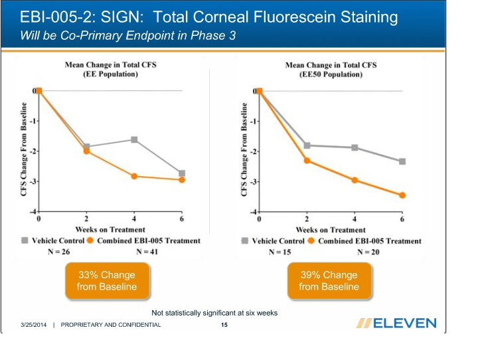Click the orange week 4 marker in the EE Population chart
[x=134, y=176]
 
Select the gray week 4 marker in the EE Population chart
[x=134, y=139]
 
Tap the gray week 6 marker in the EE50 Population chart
[x=402, y=161]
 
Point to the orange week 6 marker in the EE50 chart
[x=402, y=195]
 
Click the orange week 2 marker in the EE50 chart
[x=307, y=160]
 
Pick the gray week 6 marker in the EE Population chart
[x=182, y=173]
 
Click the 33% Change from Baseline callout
[x=106, y=281]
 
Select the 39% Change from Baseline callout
[x=329, y=281]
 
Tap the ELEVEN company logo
[x=396, y=323]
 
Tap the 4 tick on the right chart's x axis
[x=355, y=219]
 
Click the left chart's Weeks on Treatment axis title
[x=110, y=230]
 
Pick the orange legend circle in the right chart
[x=312, y=240]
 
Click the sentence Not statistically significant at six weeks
[x=214, y=312]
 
